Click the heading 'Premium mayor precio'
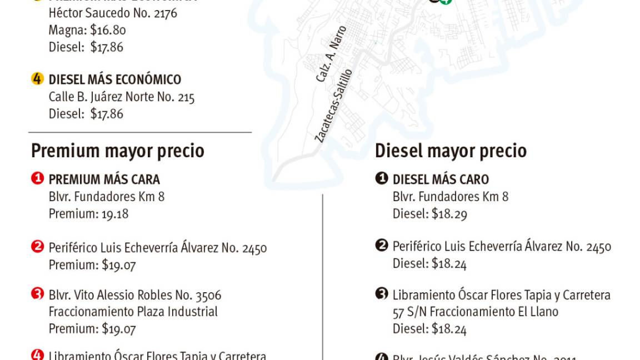pyautogui.click(x=117, y=151)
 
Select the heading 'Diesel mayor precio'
pyautogui.click(x=451, y=151)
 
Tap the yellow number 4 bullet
pyautogui.click(x=37, y=79)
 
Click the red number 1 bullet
pyautogui.click(x=37, y=179)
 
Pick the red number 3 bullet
pyautogui.click(x=37, y=293)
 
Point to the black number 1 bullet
pyautogui.click(x=381, y=179)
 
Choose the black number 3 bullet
pyautogui.click(x=381, y=293)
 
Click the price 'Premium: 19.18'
pyautogui.click(x=88, y=214)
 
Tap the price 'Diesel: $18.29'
pyautogui.click(x=429, y=214)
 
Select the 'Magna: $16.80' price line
pyautogui.click(x=87, y=30)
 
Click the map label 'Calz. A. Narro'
pyautogui.click(x=332, y=54)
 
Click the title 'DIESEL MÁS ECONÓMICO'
pyautogui.click(x=115, y=79)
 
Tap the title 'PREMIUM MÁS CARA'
pyautogui.click(x=104, y=179)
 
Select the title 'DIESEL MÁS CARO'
pyautogui.click(x=441, y=179)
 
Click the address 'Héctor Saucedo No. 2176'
pyautogui.click(x=113, y=13)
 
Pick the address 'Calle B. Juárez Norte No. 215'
pyautogui.click(x=122, y=97)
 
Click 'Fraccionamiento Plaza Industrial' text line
pyautogui.click(x=133, y=312)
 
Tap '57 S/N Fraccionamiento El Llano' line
pyautogui.click(x=475, y=312)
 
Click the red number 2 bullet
pyautogui.click(x=37, y=246)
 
